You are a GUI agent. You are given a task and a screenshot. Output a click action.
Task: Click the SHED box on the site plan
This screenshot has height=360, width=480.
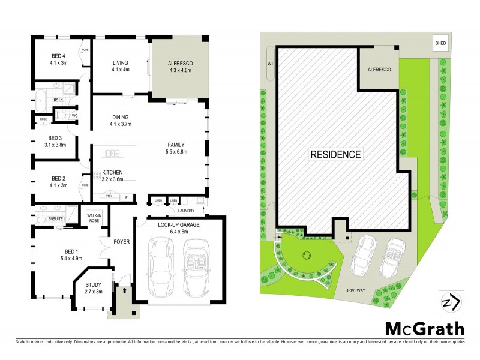(440, 43)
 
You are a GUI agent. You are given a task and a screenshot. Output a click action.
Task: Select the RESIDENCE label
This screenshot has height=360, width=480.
(336, 154)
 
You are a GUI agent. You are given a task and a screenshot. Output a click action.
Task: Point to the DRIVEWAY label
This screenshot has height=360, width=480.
(358, 289)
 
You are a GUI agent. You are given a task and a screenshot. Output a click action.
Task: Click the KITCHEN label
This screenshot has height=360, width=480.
(112, 172)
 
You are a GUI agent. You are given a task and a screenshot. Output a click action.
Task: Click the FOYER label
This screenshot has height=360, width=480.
(122, 242)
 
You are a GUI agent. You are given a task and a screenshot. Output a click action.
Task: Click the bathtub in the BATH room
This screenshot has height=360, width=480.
(42, 99)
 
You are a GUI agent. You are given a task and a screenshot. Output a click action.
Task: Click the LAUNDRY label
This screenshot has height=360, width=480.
(185, 211)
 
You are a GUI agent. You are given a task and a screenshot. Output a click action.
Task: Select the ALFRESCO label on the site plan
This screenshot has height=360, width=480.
(379, 70)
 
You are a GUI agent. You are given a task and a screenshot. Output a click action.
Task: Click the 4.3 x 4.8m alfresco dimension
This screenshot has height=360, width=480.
(178, 68)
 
